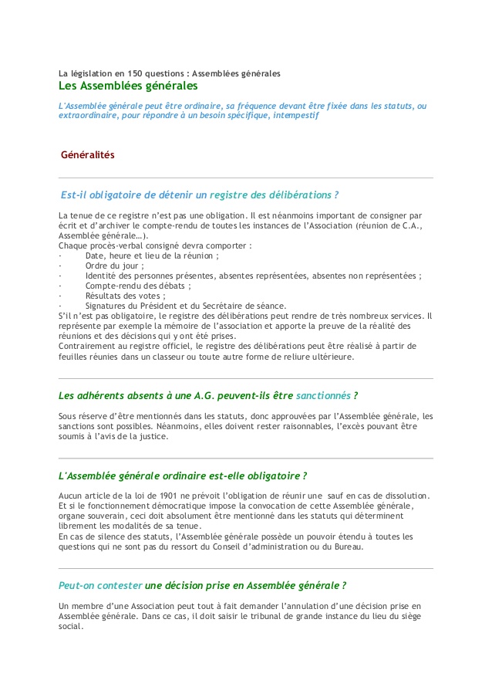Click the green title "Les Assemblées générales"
click(128, 86)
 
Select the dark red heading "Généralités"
click(88, 155)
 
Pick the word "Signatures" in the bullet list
click(106, 306)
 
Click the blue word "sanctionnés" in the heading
click(323, 396)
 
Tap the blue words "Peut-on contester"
click(100, 586)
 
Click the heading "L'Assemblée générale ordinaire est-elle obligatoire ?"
click(184, 475)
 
